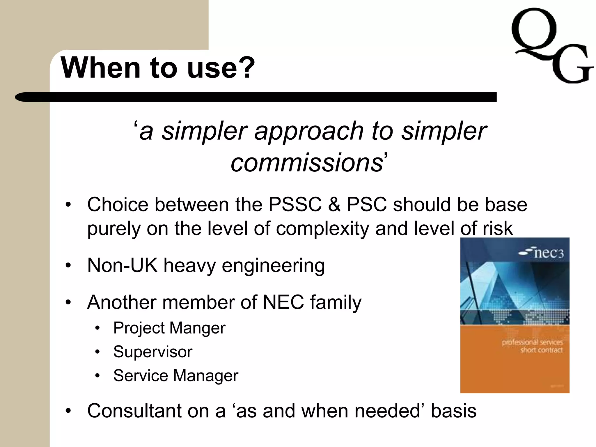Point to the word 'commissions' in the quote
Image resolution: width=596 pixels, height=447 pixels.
click(x=307, y=163)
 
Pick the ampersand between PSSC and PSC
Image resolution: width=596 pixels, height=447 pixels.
click(x=334, y=204)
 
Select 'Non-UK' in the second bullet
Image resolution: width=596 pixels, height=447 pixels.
click(x=122, y=265)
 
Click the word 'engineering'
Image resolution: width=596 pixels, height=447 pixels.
click(x=273, y=266)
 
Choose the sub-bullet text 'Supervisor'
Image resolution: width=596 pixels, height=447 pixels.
click(x=153, y=352)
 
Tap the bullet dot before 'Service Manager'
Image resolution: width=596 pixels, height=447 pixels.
click(x=97, y=376)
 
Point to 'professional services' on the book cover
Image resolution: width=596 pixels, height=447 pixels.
click(x=532, y=342)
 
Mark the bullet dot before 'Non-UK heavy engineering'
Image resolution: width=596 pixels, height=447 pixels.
click(x=68, y=265)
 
